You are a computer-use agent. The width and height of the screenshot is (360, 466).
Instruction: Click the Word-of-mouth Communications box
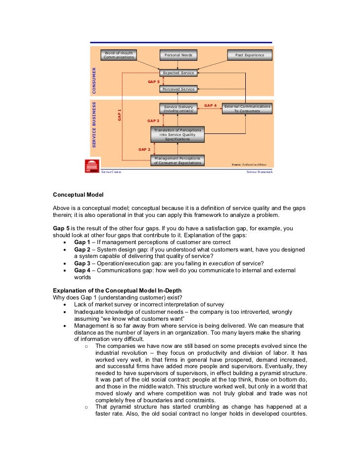119,55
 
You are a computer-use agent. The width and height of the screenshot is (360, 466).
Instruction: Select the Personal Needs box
178,55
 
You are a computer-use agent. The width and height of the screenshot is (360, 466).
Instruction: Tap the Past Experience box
250,55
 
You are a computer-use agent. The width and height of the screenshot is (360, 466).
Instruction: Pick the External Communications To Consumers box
247,109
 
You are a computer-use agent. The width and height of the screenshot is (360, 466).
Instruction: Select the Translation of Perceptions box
177,134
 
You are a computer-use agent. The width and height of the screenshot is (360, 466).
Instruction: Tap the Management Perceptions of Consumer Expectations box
177,160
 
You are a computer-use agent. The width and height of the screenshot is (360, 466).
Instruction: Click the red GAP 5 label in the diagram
153,82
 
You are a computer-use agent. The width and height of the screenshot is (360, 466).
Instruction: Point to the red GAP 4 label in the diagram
211,105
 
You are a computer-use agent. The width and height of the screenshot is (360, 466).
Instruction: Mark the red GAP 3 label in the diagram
153,121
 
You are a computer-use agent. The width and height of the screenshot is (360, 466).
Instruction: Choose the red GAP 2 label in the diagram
144,149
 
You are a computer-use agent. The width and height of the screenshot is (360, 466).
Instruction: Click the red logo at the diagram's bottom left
92,166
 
